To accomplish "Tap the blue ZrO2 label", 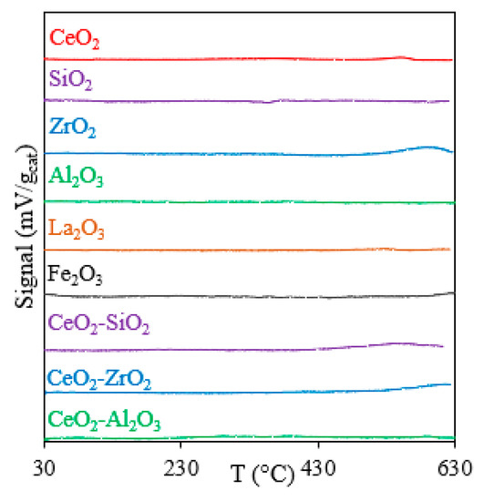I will [x=71, y=128].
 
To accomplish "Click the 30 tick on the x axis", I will [x=44, y=469].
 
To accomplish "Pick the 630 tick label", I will [x=454, y=469].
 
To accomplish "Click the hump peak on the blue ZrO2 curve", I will [x=428, y=146].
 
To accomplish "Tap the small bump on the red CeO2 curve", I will [x=401, y=56].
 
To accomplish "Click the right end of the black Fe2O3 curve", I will [x=452, y=292].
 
